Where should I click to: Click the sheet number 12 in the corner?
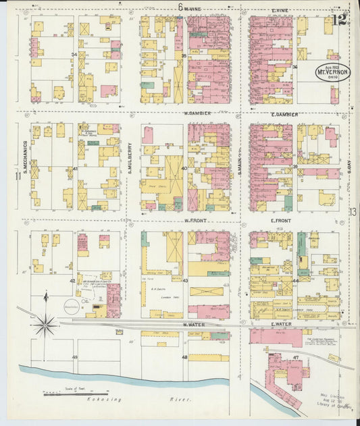click(339, 23)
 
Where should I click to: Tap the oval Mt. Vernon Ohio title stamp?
click(333, 72)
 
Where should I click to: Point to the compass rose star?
click(45, 325)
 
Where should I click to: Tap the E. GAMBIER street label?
click(280, 113)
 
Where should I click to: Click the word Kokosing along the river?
click(101, 400)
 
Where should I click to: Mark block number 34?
click(74, 55)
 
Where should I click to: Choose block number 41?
click(75, 168)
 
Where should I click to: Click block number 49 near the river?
click(74, 356)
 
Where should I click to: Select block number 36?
click(294, 67)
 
